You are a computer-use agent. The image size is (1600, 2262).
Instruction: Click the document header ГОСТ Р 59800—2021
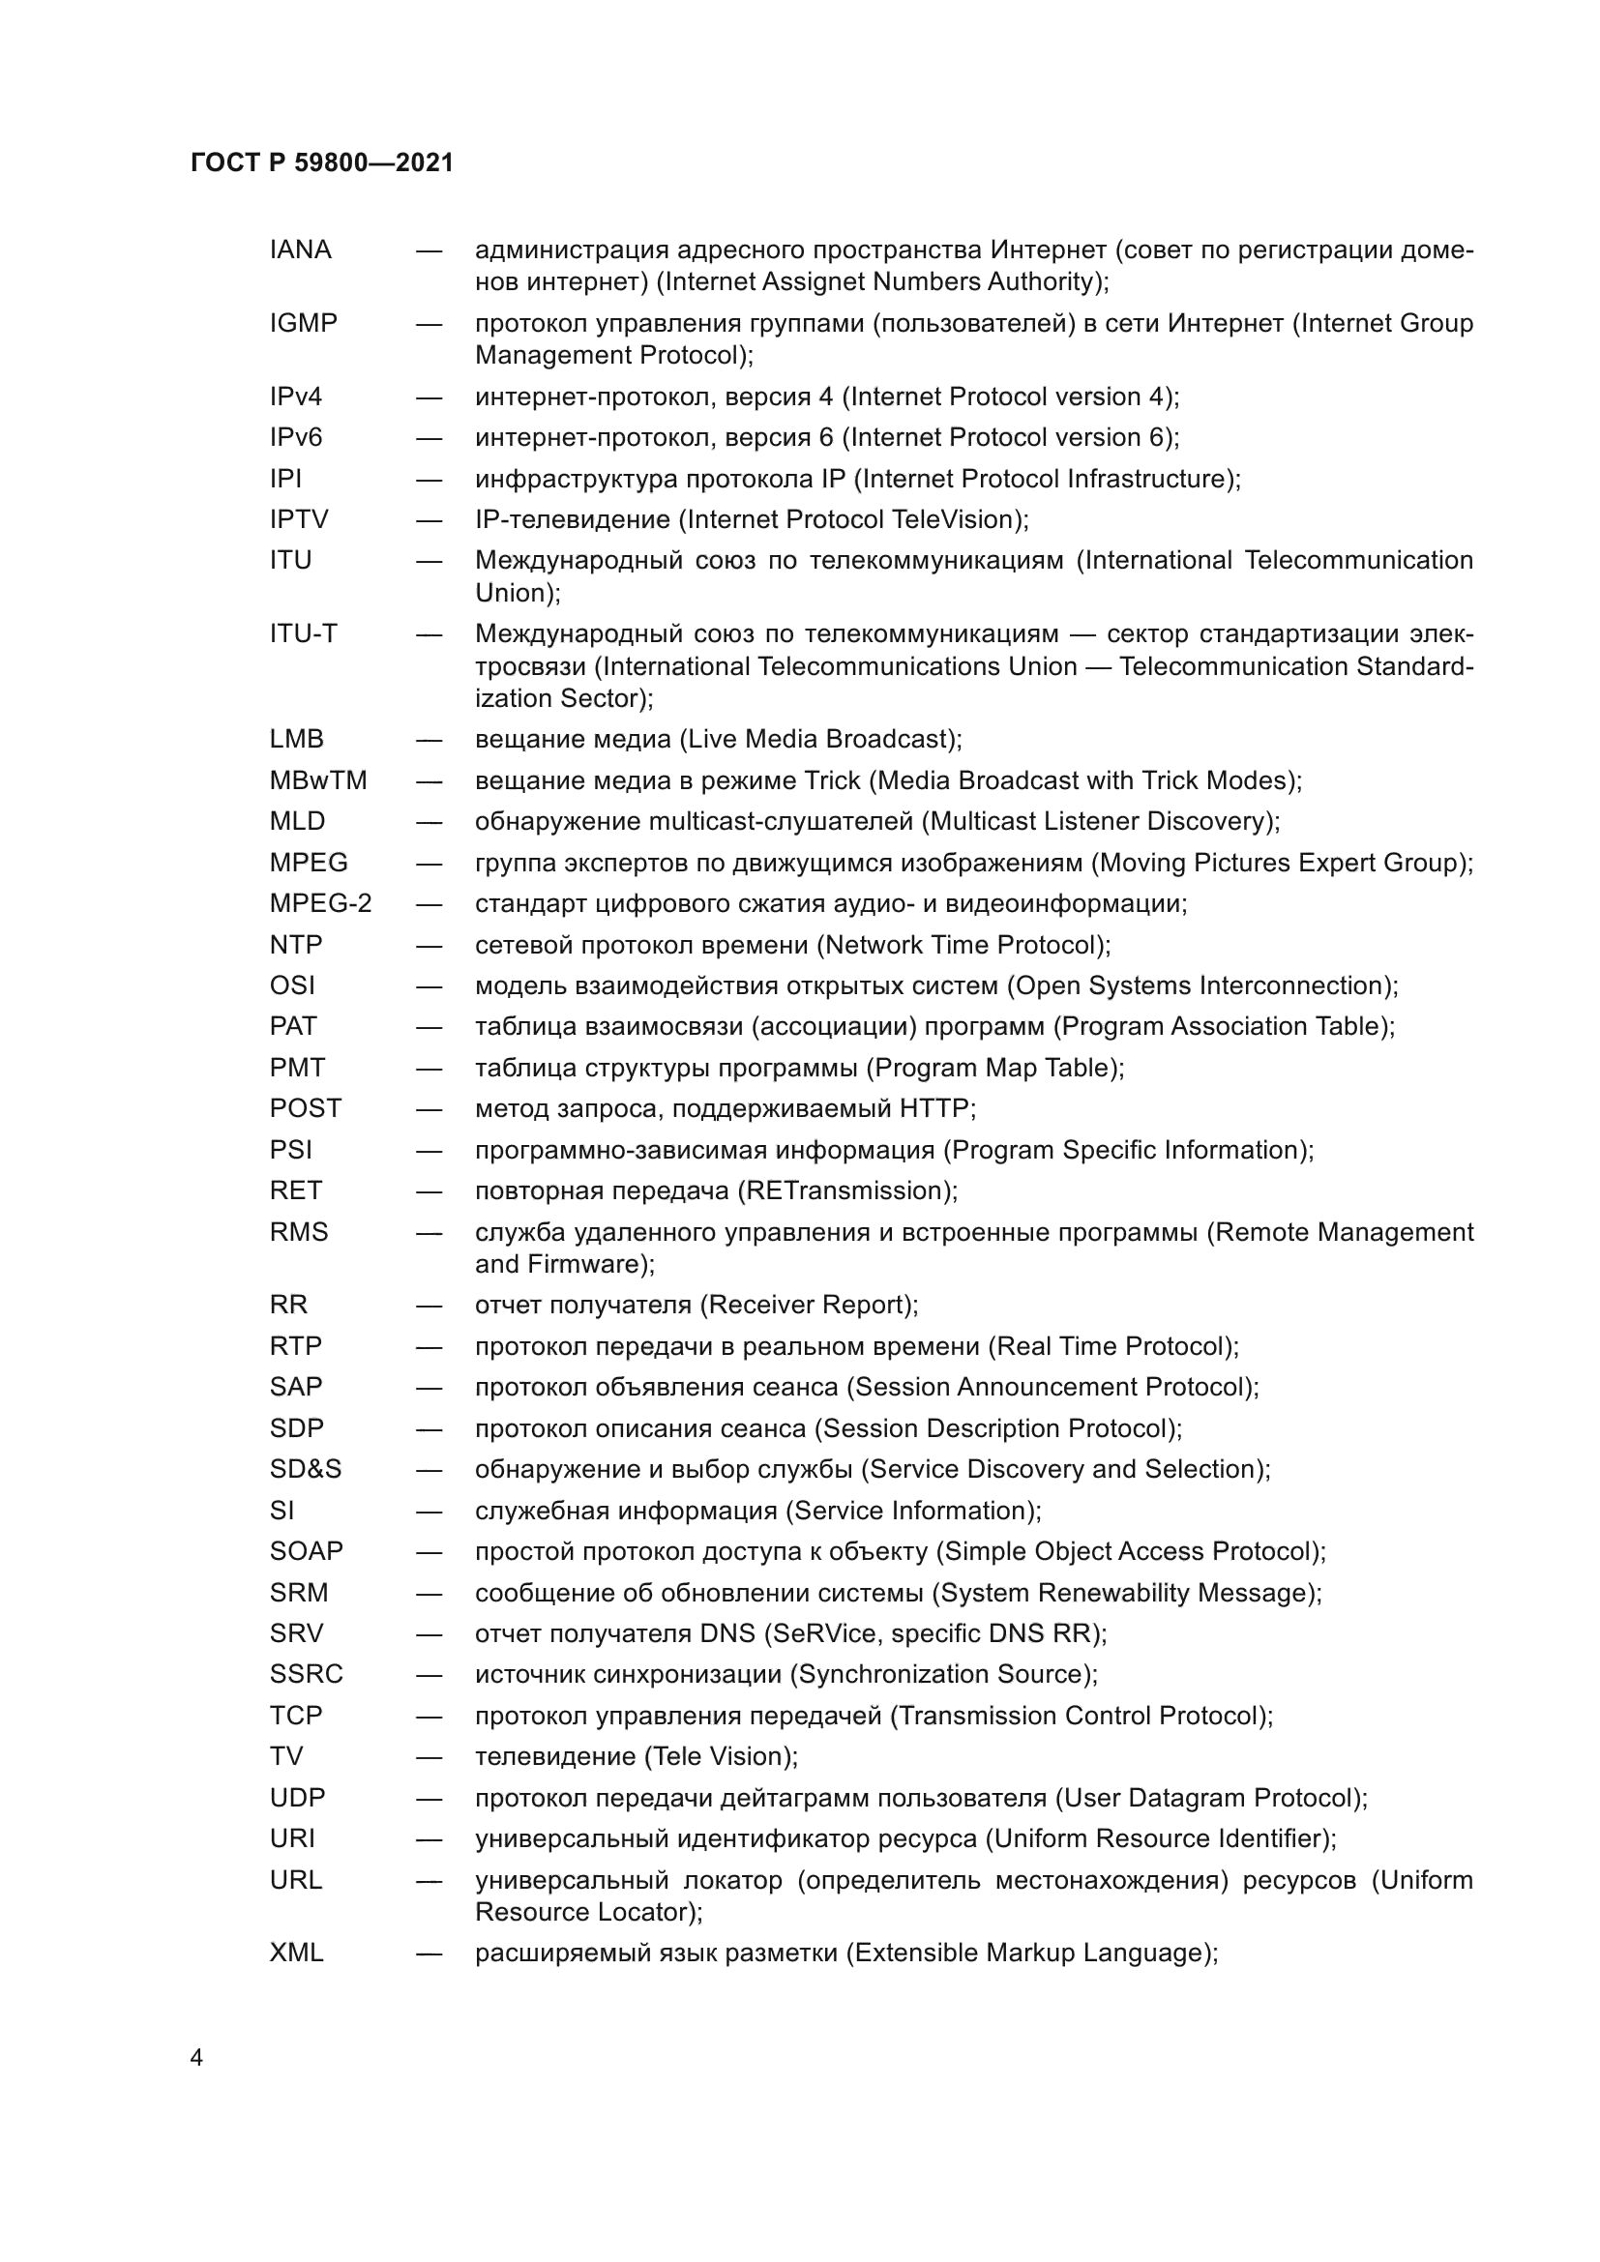click(322, 163)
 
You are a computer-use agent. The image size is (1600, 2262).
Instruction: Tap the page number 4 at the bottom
click(196, 2058)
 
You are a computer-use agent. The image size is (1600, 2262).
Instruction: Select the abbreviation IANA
click(301, 250)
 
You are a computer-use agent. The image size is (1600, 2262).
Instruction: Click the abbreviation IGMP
click(304, 323)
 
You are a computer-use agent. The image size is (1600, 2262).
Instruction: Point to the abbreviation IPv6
click(296, 437)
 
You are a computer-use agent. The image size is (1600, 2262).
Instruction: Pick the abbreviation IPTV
click(299, 519)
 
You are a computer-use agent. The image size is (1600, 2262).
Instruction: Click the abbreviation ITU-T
click(304, 633)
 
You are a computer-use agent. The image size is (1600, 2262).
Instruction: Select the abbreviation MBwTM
click(318, 780)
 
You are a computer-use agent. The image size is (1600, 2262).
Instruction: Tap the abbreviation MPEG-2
click(320, 903)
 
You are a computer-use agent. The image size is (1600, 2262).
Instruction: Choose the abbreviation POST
click(306, 1108)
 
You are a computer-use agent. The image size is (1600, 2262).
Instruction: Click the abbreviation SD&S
click(306, 1469)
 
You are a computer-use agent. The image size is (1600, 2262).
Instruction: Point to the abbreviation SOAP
click(307, 1550)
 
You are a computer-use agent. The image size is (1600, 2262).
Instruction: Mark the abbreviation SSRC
click(307, 1674)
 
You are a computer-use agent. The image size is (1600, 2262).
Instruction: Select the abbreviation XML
click(297, 1953)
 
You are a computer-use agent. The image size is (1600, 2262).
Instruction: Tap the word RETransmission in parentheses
click(846, 1191)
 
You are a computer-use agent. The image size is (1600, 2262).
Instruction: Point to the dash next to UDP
click(429, 1798)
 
